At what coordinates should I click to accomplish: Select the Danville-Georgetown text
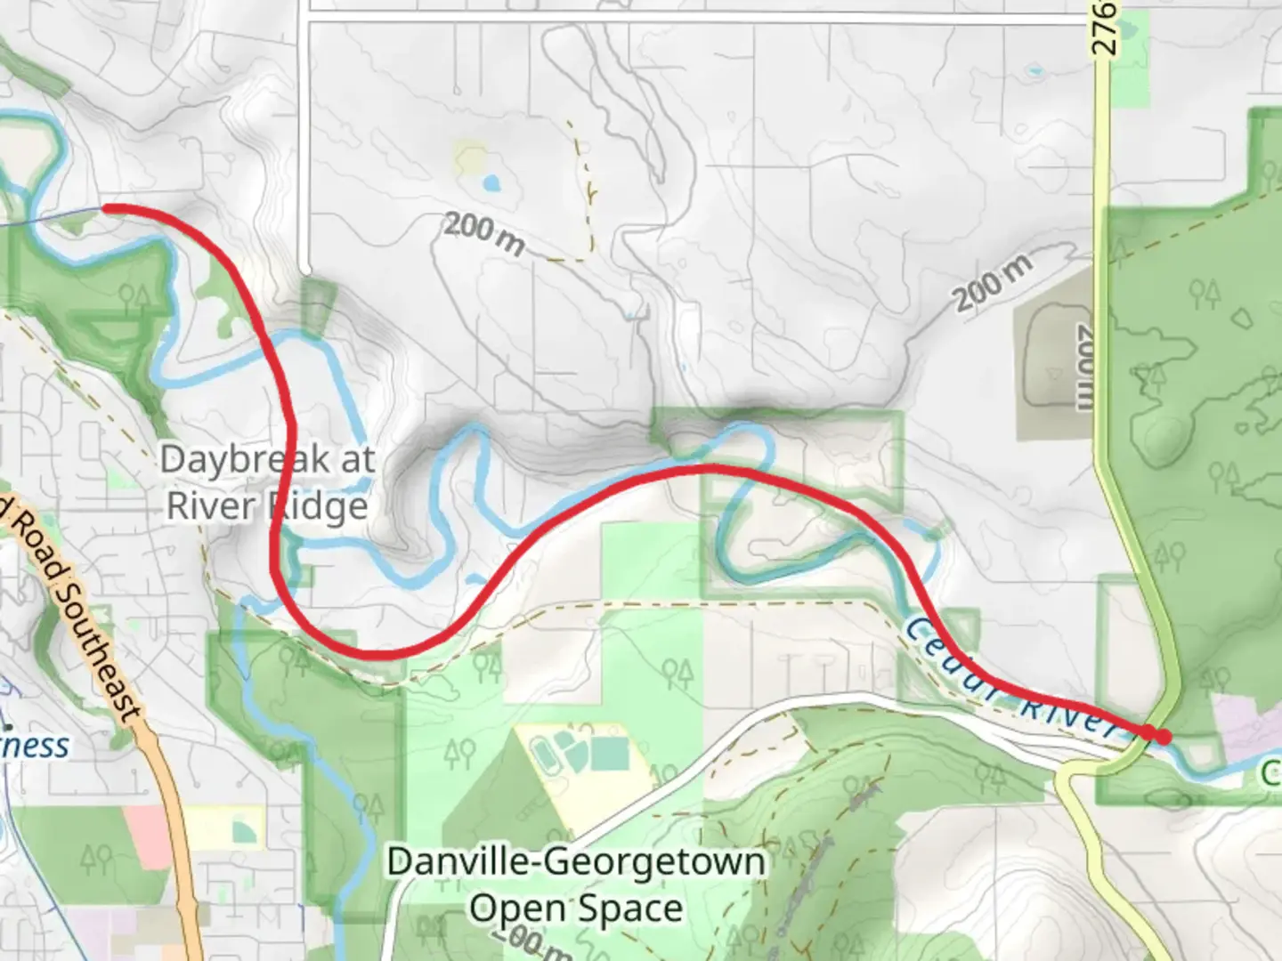[576, 862]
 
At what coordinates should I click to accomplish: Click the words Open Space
[576, 909]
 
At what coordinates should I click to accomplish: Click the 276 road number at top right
[1103, 27]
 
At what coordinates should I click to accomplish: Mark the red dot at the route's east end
[1162, 737]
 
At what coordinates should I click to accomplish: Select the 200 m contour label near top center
[483, 233]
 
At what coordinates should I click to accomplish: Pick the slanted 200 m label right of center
[994, 281]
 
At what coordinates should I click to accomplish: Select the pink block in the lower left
[148, 836]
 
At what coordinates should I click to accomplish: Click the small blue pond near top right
[1034, 69]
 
